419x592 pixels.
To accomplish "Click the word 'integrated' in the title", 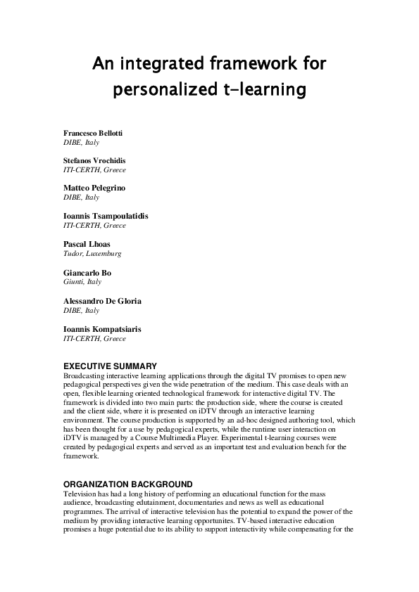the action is point(170,65).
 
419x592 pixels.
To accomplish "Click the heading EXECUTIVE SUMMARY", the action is point(110,366).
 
